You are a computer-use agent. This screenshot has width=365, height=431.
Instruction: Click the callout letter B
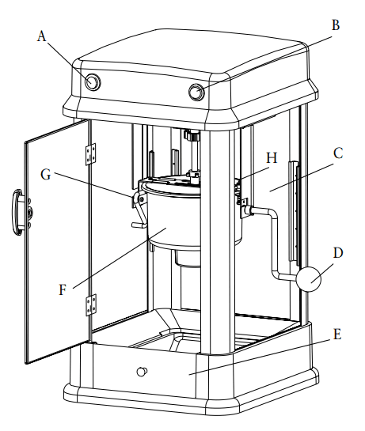(x=335, y=25)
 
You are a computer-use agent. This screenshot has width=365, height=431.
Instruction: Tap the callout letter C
(x=337, y=153)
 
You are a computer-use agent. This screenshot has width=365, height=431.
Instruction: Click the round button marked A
(x=93, y=81)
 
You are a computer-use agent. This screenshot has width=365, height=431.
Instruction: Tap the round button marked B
(x=196, y=93)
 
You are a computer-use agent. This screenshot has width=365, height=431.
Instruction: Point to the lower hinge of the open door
(x=91, y=303)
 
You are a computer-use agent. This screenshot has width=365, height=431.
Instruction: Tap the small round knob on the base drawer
(x=143, y=371)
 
